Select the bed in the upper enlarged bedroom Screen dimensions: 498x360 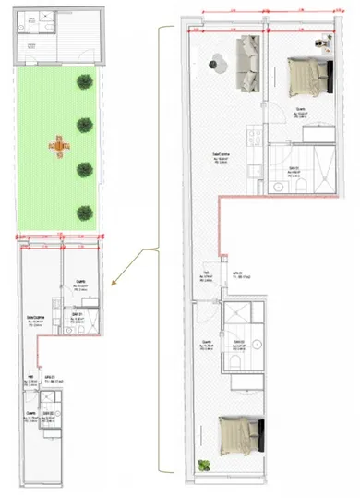304,76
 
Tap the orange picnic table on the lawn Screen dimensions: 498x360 58,144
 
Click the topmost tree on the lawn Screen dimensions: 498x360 84,82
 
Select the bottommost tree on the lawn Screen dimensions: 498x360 85,211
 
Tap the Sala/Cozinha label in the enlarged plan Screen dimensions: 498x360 221,154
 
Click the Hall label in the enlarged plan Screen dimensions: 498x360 206,273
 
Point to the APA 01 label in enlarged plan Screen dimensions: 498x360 237,274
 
